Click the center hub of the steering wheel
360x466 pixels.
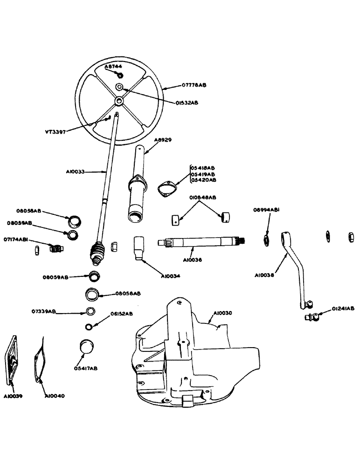(x=120, y=101)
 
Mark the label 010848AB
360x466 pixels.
(x=203, y=198)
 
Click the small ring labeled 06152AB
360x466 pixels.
(x=89, y=325)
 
